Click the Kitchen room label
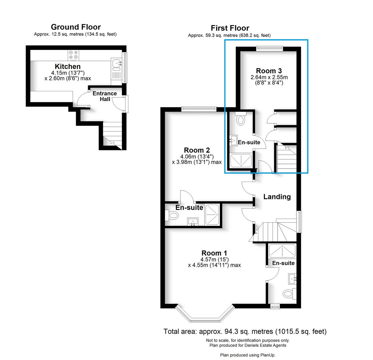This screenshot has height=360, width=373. (x=68, y=67)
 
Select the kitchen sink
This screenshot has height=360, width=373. (x=116, y=62)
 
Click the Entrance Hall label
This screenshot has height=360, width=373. (x=104, y=96)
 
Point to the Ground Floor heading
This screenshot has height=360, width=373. (x=75, y=27)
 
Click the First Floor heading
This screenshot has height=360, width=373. (x=230, y=28)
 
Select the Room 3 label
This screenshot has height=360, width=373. (x=269, y=71)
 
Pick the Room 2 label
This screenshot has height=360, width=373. (x=197, y=150)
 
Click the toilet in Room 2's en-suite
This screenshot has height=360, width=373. (x=172, y=216)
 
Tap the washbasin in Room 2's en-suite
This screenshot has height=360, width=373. (x=193, y=221)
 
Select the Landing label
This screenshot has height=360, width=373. (x=277, y=197)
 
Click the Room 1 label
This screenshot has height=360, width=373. (x=214, y=253)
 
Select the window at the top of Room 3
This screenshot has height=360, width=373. (x=270, y=49)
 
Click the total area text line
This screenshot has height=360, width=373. (x=245, y=331)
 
